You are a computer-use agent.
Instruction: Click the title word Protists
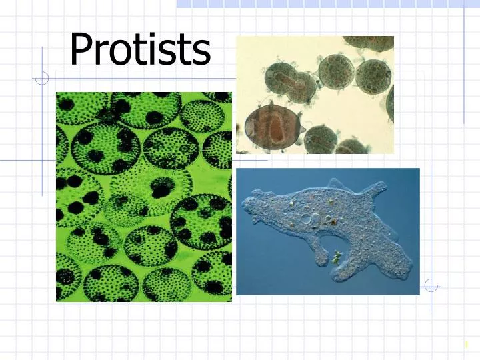[140, 50]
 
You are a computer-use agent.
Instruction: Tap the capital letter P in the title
[82, 50]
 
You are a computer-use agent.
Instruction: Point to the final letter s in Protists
[201, 53]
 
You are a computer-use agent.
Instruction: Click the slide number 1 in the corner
[466, 345]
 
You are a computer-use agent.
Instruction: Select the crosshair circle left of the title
[42, 79]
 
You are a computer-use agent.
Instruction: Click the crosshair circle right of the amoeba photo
[431, 285]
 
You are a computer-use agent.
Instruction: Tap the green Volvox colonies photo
[143, 197]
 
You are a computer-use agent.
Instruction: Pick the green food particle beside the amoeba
[338, 255]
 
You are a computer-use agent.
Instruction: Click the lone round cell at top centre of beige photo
[335, 70]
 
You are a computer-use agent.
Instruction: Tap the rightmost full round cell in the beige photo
[372, 77]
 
